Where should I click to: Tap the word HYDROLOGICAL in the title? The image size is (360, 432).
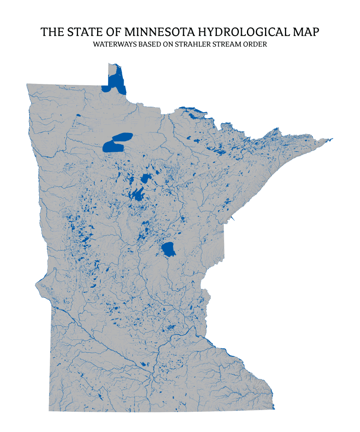244,32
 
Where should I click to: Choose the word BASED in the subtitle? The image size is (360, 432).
149,44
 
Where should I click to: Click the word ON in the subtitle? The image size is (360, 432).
169,44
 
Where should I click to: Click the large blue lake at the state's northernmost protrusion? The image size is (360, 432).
116,82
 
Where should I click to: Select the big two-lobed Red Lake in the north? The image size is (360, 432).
116,143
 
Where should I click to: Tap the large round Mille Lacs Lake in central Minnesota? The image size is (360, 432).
169,249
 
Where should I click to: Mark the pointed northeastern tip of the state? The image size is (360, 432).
333,138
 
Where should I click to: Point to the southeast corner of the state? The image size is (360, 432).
274,409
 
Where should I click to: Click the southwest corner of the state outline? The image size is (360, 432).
49,411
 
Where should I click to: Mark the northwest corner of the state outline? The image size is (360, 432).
27,84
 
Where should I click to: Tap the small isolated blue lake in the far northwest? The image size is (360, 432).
78,115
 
